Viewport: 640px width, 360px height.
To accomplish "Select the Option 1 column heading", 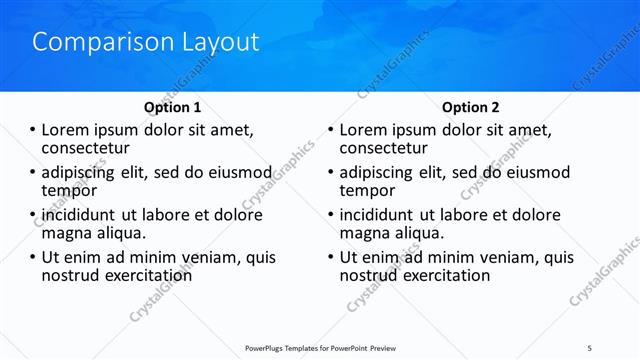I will (x=172, y=107).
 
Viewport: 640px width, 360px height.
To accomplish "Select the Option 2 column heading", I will (x=471, y=107).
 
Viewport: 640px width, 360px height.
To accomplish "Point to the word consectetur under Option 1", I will (x=87, y=148).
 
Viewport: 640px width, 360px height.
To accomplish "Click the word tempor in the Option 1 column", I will (x=69, y=190).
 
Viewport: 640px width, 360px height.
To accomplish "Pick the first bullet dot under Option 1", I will (x=33, y=130).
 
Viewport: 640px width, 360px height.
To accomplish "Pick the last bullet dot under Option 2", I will (x=331, y=258).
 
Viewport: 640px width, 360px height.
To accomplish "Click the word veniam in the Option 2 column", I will (x=504, y=257).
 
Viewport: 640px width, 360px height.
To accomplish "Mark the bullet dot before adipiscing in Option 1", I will (x=33, y=173).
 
